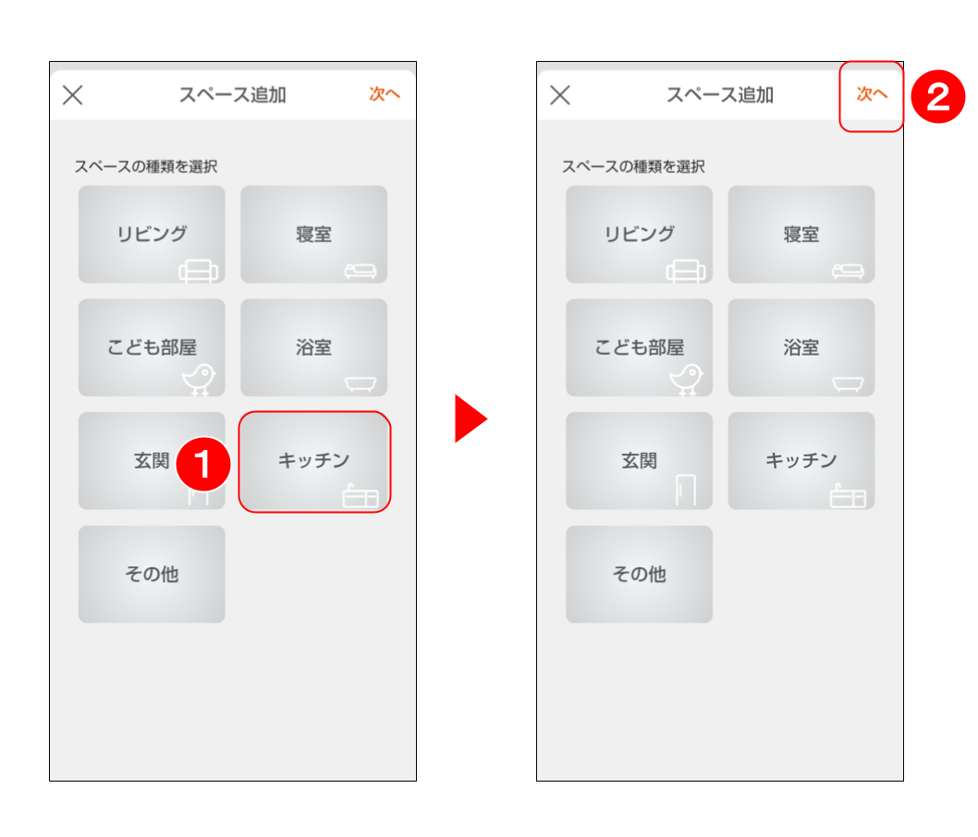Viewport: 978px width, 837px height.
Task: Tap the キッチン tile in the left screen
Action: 314,461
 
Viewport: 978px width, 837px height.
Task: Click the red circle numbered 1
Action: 203,465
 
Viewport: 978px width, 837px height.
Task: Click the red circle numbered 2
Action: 938,97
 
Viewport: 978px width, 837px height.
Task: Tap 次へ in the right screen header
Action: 872,94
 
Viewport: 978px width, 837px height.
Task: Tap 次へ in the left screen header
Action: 385,94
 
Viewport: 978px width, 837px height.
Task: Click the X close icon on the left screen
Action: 73,95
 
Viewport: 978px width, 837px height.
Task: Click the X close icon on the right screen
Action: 560,95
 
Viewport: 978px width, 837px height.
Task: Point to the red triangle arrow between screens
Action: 471,418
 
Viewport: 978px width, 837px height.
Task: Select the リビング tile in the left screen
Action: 152,235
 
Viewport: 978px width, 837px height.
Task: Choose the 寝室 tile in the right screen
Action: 801,235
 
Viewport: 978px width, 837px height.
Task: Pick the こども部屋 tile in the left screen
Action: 152,347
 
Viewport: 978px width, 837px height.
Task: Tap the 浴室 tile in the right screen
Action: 801,347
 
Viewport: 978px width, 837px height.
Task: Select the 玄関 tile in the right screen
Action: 640,461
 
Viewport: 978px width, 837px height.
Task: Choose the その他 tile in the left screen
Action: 152,575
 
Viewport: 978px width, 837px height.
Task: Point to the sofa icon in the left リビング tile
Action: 199,271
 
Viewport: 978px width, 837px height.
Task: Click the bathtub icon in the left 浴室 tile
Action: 361,384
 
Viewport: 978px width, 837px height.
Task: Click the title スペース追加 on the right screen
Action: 720,95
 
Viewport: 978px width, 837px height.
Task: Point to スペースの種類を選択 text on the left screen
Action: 146,166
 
